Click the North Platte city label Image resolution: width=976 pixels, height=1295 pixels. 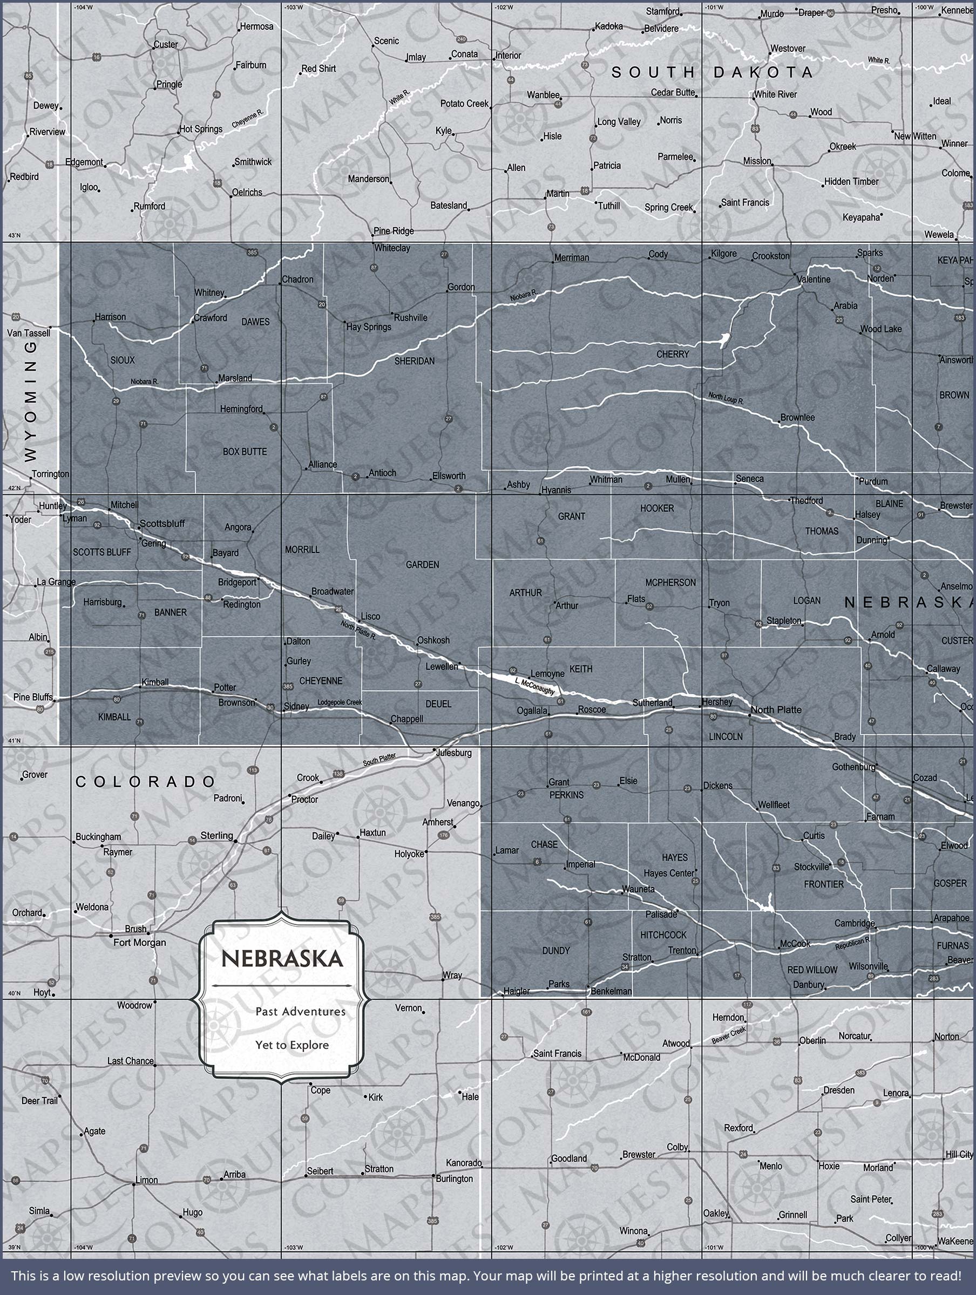(776, 710)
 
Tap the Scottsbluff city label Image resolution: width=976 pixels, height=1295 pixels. (162, 523)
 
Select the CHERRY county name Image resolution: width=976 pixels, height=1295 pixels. (673, 354)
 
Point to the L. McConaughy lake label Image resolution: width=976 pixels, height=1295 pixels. (534, 687)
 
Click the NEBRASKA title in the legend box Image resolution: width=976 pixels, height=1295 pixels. (282, 959)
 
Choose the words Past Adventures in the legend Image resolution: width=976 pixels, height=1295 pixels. (300, 1011)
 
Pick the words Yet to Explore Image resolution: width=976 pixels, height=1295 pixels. (292, 1045)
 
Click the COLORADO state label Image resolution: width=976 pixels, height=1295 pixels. (146, 781)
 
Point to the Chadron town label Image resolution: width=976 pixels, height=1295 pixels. (297, 280)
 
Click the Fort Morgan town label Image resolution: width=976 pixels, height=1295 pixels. (139, 943)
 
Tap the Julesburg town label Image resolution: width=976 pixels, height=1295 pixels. (453, 752)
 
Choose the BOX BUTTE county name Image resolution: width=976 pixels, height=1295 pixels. (245, 452)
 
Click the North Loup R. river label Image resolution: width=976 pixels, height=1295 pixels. (726, 399)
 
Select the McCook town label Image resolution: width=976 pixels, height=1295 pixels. (795, 944)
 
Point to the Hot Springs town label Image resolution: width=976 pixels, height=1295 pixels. (201, 129)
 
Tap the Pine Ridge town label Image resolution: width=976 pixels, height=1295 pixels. (394, 230)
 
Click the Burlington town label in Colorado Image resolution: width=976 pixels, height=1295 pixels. (454, 1178)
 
